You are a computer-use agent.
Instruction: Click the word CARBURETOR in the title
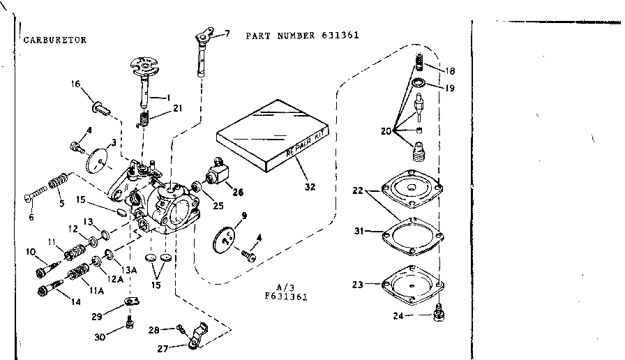(56, 40)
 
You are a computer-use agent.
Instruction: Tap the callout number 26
(238, 193)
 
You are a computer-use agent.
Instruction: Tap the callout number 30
(99, 337)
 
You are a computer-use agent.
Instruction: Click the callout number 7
(227, 33)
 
